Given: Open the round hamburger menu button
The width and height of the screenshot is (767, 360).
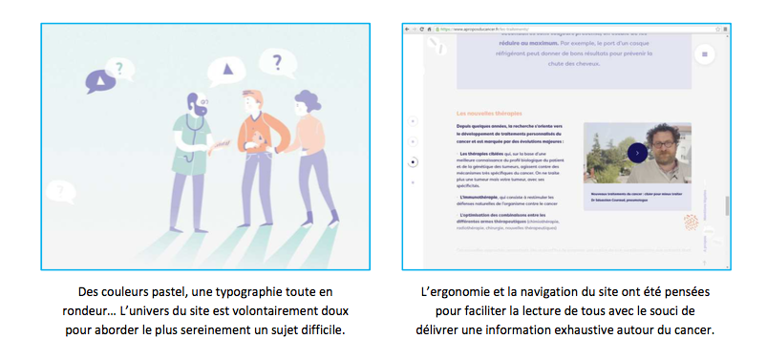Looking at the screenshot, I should pos(706,55).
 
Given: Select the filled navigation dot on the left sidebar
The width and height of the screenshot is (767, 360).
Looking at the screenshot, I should pos(413,162).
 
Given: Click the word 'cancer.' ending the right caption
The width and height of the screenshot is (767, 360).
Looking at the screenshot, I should pos(693,330).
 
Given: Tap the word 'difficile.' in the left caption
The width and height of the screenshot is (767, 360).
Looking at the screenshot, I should pos(322,330).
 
